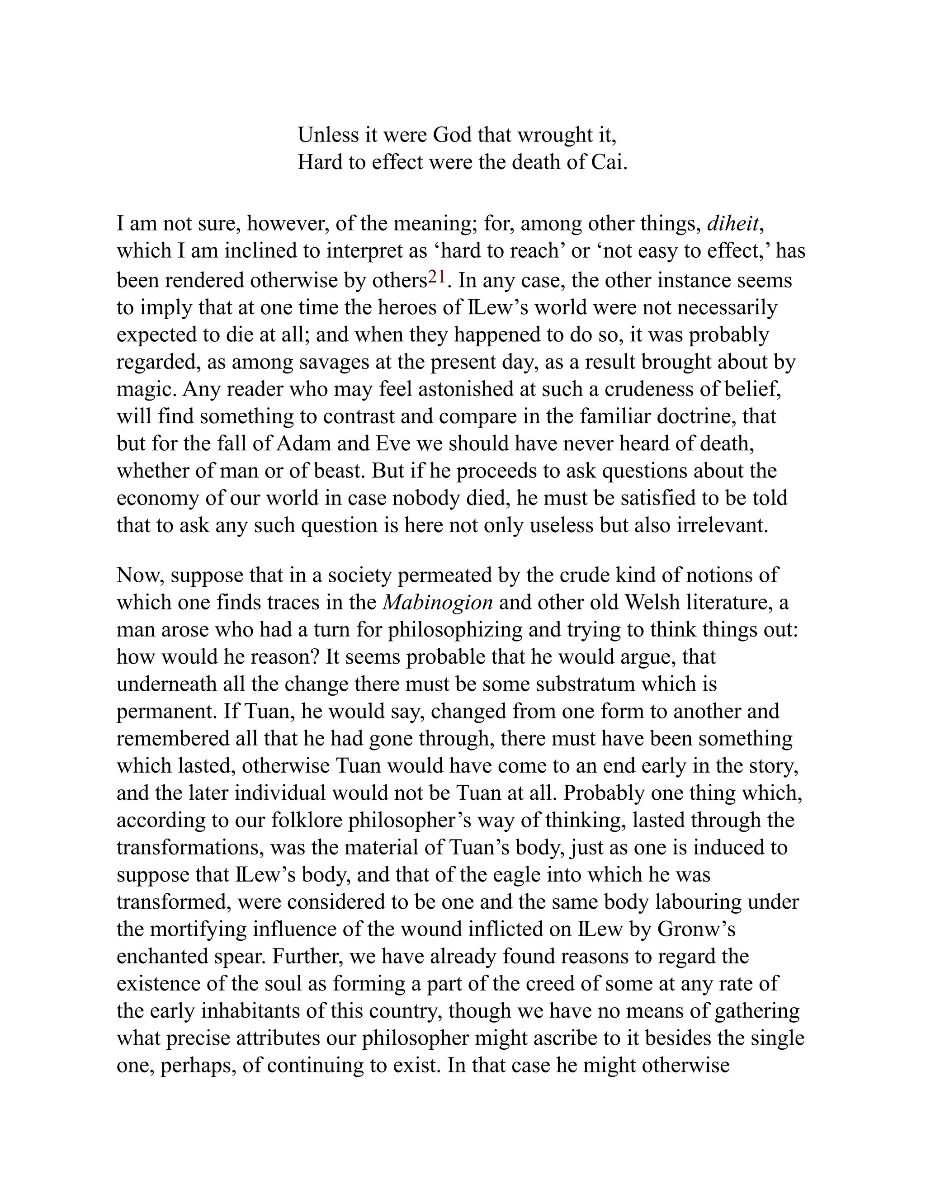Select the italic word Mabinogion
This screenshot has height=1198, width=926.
[437, 603]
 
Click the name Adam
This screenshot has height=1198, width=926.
[303, 443]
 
